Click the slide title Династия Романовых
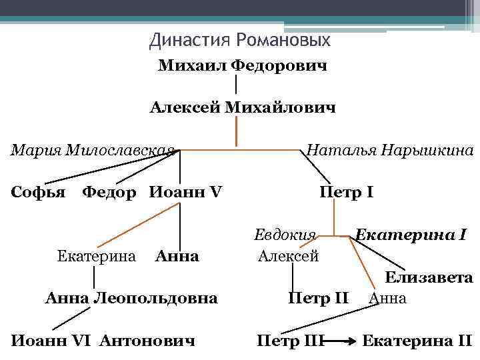(x=240, y=41)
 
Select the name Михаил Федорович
(x=242, y=67)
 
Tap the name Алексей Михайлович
(x=242, y=107)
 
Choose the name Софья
(x=39, y=193)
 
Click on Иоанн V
(x=186, y=193)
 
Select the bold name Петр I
(x=346, y=193)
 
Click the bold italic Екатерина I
(x=411, y=235)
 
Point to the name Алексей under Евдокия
(x=288, y=255)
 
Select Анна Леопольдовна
(x=131, y=297)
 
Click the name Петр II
(x=318, y=297)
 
